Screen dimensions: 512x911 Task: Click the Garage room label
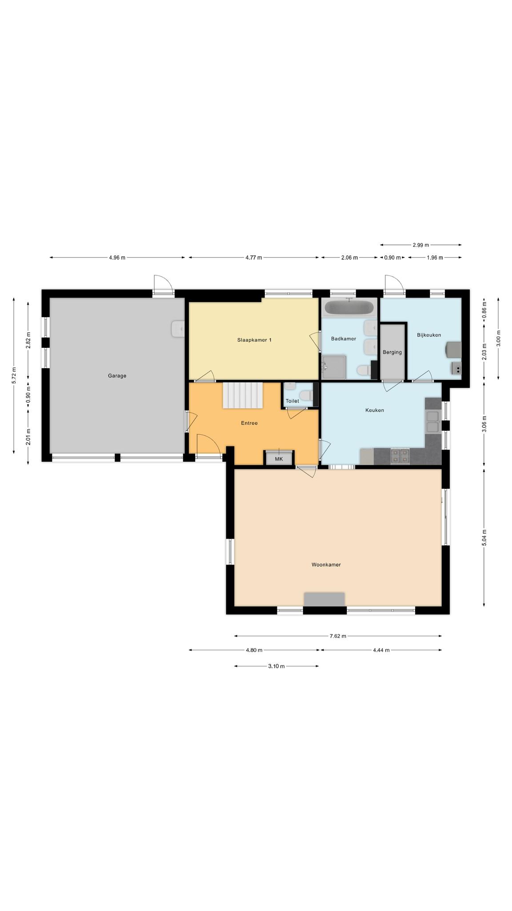117,375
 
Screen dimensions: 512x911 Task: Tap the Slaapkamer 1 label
254,340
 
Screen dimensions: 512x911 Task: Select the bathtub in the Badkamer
349,307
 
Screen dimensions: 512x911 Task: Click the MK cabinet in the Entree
279,458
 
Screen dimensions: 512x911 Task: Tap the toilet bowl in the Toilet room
306,395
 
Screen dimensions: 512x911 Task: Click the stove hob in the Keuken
400,456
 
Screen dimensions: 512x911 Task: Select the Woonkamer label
326,564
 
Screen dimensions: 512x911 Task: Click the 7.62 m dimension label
338,636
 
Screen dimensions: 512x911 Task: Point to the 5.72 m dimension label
14,375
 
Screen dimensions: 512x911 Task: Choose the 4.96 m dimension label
117,257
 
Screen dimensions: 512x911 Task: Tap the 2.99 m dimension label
420,245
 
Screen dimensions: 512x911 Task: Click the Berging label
392,352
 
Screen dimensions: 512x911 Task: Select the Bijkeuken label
429,335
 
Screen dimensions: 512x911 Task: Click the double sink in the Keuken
432,422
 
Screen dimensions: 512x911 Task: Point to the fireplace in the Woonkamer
324,599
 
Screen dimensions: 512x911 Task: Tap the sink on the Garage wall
178,329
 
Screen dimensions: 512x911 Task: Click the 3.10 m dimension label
276,666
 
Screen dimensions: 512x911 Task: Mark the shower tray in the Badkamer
334,367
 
